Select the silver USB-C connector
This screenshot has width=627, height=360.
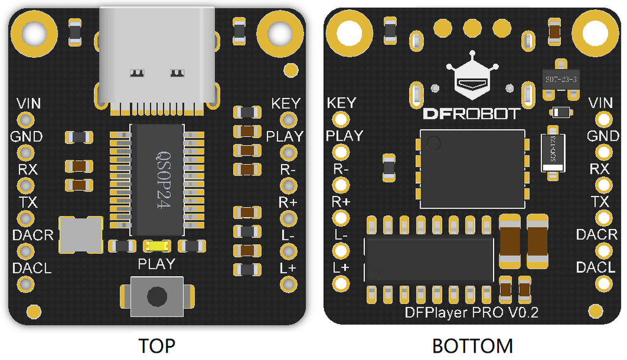157,55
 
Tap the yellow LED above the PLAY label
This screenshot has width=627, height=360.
157,246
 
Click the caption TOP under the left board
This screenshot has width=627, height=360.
157,346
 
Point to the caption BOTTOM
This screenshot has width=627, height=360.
472,346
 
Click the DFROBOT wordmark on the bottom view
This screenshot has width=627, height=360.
472,114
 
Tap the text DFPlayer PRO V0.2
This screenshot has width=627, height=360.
471,313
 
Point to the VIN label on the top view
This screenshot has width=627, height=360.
29,103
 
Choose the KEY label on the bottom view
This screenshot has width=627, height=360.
342,103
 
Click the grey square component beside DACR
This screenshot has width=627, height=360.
80,234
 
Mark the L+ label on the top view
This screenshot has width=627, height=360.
288,268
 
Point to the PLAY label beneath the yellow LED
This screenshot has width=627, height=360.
157,264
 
